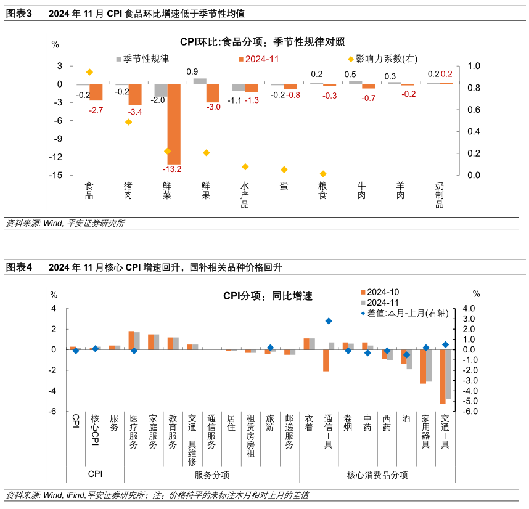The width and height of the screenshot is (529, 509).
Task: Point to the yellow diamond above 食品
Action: pyautogui.click(x=90, y=72)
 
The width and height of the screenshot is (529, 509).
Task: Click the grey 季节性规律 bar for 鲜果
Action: pyautogui.click(x=200, y=81)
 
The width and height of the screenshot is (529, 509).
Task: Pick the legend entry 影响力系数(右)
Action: pyautogui.click(x=383, y=59)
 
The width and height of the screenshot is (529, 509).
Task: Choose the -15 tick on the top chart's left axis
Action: pyautogui.click(x=55, y=175)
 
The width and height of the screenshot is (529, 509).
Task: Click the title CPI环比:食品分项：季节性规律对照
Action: pyautogui.click(x=262, y=42)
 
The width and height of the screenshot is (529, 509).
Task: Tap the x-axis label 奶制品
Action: pyautogui.click(x=440, y=194)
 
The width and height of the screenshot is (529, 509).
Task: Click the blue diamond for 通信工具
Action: pyautogui.click(x=329, y=321)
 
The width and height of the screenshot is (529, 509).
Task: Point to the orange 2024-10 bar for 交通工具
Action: pyautogui.click(x=442, y=377)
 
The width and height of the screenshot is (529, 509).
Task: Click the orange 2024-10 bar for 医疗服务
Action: pyautogui.click(x=131, y=340)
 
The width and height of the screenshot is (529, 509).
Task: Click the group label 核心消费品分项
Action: pyautogui.click(x=377, y=475)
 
